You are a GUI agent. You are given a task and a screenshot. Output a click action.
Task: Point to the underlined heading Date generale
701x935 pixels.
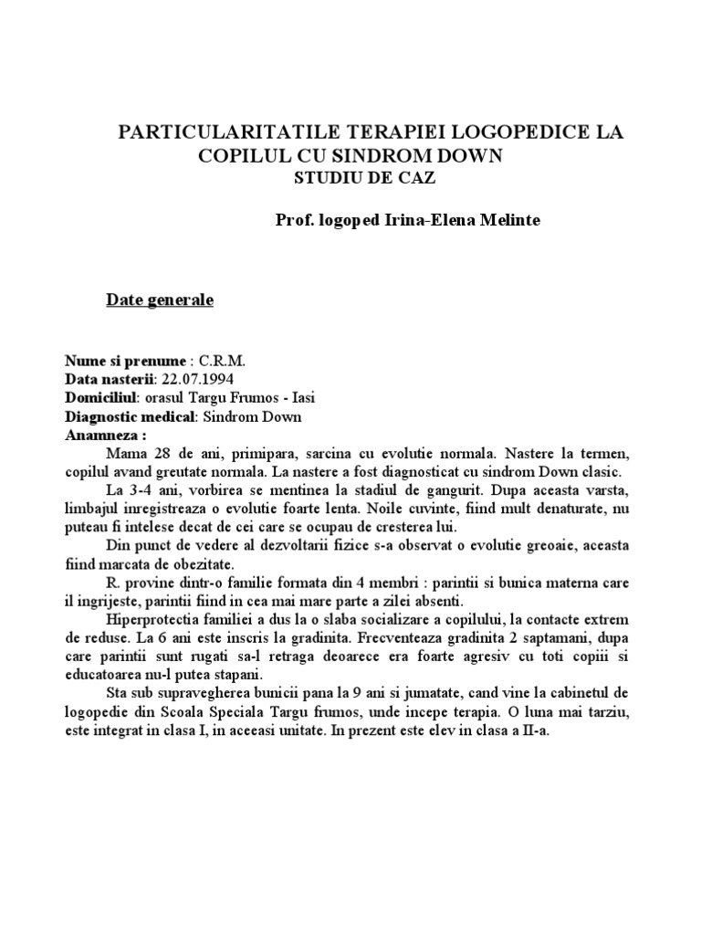click(x=160, y=300)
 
